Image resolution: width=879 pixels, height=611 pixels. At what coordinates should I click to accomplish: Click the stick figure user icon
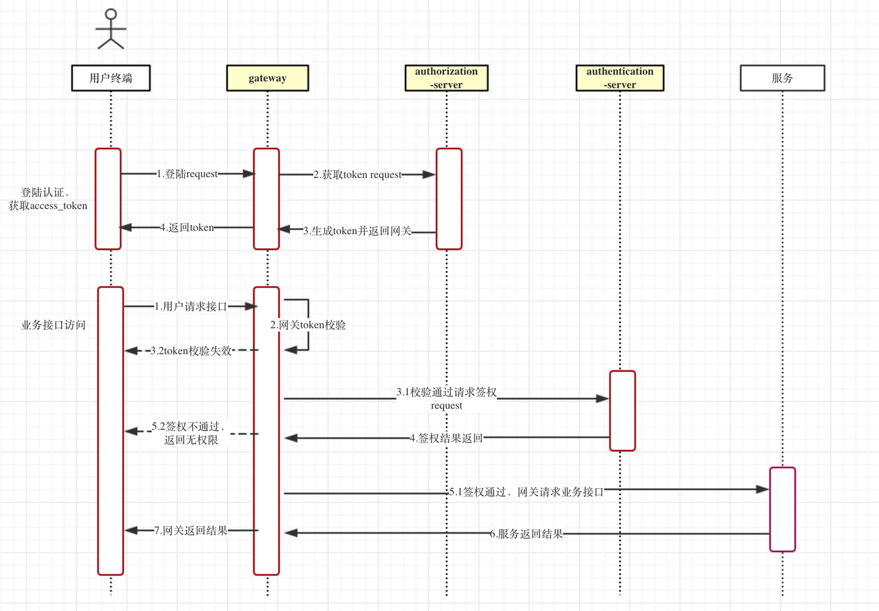[111, 29]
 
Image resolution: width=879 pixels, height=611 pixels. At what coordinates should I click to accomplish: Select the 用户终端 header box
[111, 78]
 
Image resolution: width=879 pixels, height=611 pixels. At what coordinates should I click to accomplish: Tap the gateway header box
[267, 78]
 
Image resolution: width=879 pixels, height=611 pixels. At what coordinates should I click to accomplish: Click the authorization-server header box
[447, 78]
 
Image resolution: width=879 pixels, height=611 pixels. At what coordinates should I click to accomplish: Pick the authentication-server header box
[620, 78]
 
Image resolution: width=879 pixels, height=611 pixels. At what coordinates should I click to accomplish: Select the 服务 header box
[782, 78]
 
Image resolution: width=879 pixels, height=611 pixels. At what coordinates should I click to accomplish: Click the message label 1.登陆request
[187, 174]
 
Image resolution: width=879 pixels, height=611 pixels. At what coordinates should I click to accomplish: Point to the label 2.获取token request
[358, 174]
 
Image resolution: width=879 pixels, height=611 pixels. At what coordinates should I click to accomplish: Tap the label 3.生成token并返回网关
[357, 231]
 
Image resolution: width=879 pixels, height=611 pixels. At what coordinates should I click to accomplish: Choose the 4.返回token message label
[187, 227]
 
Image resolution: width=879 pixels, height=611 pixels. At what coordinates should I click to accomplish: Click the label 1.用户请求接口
[191, 306]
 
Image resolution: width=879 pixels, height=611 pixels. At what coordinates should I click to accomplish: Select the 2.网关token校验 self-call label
[308, 325]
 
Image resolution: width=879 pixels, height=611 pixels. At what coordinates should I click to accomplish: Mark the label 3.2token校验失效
[191, 351]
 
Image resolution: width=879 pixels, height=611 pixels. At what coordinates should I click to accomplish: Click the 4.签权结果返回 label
[446, 438]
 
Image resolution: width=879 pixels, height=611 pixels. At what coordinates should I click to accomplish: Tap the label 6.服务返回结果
[526, 534]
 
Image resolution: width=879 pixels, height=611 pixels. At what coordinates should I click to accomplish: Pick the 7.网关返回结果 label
[191, 530]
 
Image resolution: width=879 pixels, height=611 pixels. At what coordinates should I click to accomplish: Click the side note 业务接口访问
[53, 325]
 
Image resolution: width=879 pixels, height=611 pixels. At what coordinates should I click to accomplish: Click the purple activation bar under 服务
[782, 509]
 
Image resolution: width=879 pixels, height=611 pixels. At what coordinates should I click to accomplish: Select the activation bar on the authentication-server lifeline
[622, 410]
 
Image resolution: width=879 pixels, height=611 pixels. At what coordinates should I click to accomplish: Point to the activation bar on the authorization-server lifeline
[449, 198]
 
